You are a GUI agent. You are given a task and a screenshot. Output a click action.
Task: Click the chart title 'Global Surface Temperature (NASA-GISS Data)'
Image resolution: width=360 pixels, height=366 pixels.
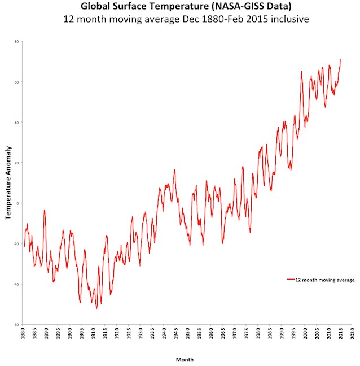[180, 7]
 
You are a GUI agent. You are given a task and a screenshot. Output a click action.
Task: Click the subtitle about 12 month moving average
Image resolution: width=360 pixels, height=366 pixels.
[180, 20]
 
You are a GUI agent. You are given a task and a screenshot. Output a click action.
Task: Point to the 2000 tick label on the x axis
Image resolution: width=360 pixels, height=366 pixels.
[305, 334]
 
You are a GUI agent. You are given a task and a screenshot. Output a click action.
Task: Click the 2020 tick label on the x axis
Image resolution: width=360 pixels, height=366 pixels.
[352, 334]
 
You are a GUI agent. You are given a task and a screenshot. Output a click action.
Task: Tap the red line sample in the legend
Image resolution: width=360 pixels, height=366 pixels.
[291, 280]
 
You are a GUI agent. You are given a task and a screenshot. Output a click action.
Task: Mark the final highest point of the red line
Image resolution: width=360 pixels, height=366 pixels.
[340, 59]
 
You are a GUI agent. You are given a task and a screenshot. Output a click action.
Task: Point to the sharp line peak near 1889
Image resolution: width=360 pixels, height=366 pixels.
[44, 210]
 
